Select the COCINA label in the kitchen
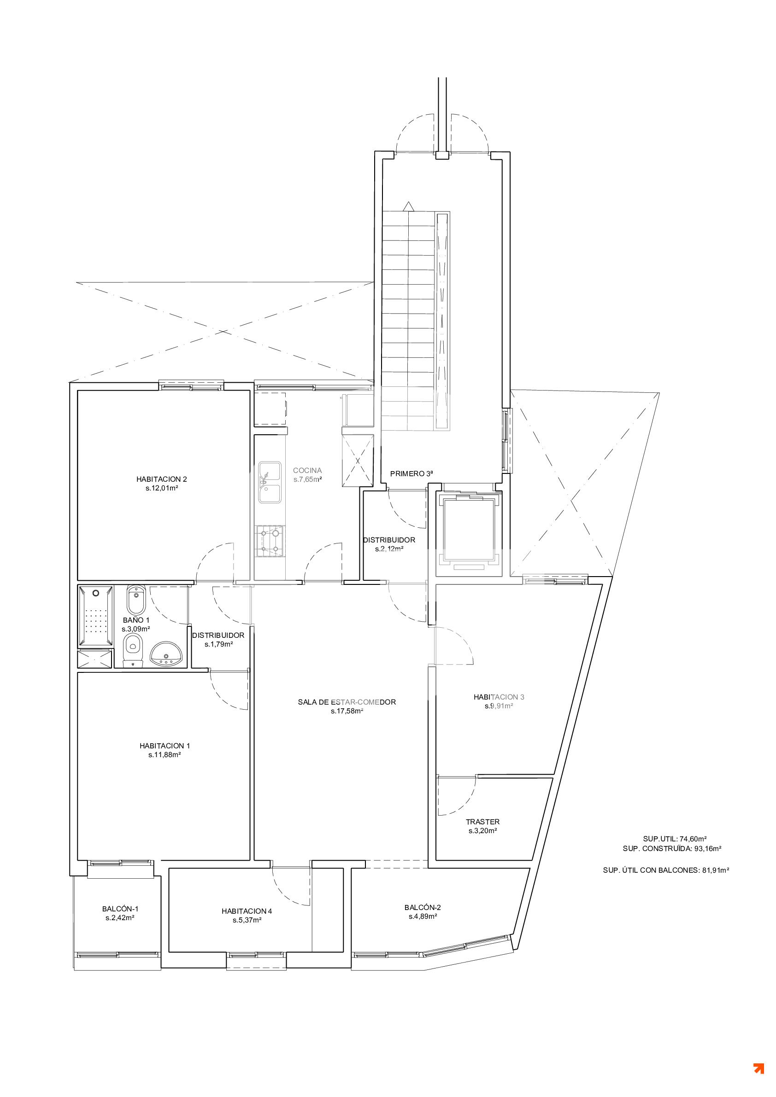(x=307, y=470)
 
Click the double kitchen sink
(x=270, y=482)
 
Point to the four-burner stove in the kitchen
(x=270, y=541)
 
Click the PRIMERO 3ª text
(x=411, y=474)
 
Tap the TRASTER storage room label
(x=482, y=822)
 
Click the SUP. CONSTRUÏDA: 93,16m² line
(x=672, y=849)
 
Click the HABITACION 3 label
(x=499, y=697)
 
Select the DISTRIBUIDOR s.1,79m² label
(x=218, y=640)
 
